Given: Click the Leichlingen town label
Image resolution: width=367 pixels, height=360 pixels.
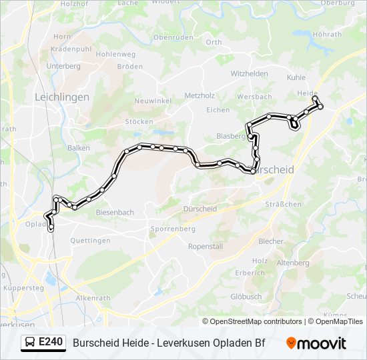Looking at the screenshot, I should tap(61, 97).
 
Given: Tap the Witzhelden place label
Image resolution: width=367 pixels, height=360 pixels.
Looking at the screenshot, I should tap(249, 73).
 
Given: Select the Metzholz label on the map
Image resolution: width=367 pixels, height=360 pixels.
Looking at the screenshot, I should tap(199, 96).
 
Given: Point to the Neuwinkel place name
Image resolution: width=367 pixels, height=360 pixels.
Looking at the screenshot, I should tap(153, 100).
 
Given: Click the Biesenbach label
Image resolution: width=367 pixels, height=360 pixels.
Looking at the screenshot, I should tap(115, 213).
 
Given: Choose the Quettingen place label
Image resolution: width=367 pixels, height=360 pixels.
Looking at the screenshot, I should tap(90, 241).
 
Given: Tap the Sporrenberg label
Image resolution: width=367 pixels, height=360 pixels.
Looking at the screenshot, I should tap(173, 229).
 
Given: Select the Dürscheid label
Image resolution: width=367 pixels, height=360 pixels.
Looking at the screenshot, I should tap(200, 209).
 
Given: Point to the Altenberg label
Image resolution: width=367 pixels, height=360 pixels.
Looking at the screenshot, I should tap(293, 263).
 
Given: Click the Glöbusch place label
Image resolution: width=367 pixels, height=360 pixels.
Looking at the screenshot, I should tap(246, 296).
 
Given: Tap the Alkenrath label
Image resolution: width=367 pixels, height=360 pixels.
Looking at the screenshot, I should tap(92, 298).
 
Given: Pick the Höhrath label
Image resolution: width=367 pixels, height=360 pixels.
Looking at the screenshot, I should tap(327, 35).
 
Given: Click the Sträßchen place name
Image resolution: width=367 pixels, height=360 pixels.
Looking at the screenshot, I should tap(283, 204).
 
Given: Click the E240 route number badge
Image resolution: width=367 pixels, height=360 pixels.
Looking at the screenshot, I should tap(51, 343).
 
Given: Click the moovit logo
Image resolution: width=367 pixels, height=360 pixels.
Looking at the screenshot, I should tap(317, 343).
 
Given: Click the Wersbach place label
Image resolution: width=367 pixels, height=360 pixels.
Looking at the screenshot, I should tap(254, 97).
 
